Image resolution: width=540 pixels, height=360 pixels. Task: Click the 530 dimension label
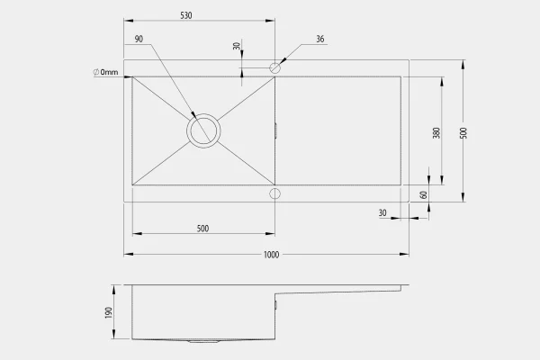186,15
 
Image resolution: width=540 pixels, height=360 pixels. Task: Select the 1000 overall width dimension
272,255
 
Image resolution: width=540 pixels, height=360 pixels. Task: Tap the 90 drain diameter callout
139,39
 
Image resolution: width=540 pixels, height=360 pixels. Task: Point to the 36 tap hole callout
320,39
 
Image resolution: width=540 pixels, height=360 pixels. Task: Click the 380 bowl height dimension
436,133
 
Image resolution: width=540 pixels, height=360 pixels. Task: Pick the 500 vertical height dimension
463,133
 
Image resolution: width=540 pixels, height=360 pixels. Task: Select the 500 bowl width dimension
202,229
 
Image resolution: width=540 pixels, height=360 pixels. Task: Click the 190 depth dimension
109,312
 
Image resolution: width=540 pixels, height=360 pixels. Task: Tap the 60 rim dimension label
424,194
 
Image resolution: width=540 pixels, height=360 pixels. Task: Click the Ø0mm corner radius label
105,72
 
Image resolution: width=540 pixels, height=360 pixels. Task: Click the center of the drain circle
203,130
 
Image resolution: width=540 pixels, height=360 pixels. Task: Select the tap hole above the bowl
274,67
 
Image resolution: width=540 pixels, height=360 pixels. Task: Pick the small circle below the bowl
274,193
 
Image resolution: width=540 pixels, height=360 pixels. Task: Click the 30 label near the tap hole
237,46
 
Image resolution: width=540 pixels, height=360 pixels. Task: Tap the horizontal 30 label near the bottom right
382,213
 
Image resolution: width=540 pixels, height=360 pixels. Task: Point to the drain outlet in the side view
203,341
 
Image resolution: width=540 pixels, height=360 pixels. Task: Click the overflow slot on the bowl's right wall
276,130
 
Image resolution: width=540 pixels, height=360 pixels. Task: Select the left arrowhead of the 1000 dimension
129,254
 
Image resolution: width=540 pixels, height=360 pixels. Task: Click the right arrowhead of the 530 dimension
270,21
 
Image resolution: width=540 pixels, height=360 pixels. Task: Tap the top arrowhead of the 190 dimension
113,290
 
